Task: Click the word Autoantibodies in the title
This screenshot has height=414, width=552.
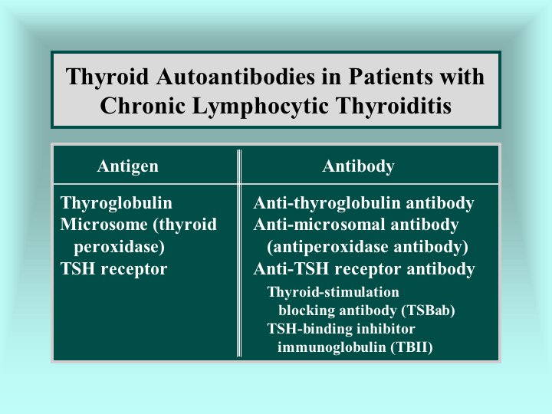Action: [235, 77]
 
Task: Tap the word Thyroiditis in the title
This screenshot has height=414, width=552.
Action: [393, 106]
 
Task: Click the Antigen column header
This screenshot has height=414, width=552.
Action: [128, 166]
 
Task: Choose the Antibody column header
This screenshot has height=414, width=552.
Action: [358, 166]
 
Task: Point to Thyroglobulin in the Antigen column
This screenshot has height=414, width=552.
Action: [117, 203]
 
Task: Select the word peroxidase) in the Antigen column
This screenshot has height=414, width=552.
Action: [120, 247]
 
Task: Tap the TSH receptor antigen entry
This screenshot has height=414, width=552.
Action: [113, 268]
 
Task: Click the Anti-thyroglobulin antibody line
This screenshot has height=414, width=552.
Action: [363, 203]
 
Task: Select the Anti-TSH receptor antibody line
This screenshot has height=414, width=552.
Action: [364, 268]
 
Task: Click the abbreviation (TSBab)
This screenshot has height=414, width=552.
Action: [428, 310]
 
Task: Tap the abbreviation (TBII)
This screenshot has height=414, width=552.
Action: [412, 347]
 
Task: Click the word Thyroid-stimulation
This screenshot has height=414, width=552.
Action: [333, 292]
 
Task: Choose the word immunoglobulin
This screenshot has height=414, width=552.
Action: [332, 347]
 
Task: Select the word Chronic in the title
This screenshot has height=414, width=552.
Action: [143, 106]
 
